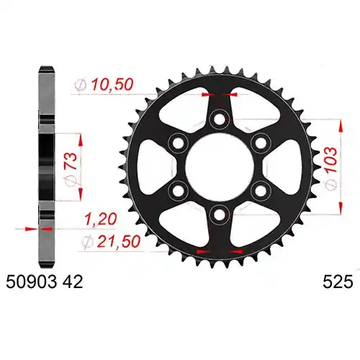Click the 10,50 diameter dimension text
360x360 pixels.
coord(112,85)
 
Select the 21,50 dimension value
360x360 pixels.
coord(118,241)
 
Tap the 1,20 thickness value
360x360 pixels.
coord(101,219)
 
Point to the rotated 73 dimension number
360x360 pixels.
coord(71,161)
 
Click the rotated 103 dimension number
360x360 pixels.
coord(331,160)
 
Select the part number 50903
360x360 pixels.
coord(32,282)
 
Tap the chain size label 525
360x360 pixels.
coord(338,282)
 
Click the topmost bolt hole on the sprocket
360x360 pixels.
coord(219,120)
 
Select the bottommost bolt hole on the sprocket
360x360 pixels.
coord(219,215)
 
